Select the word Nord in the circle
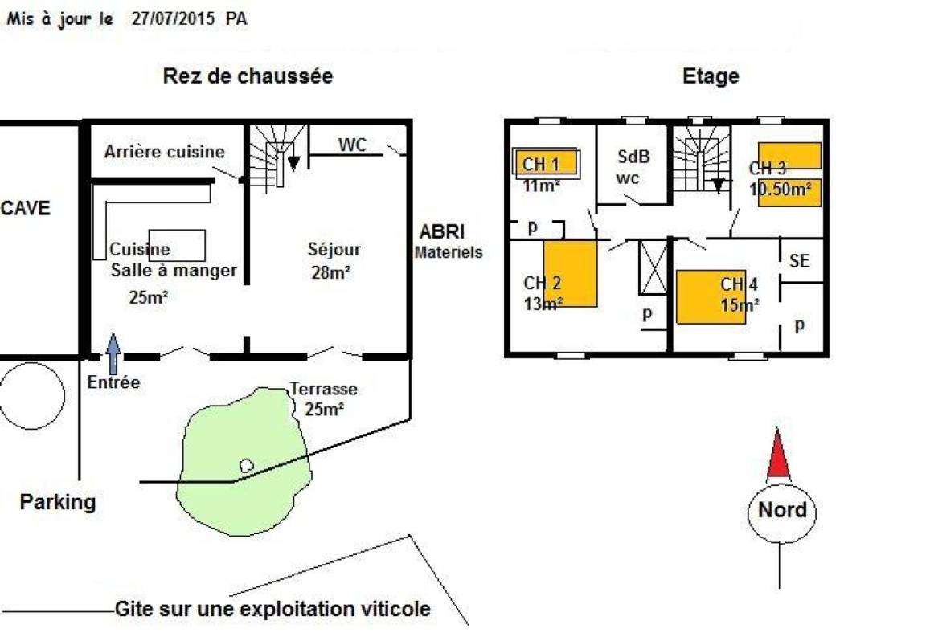pos(782,510)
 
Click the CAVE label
pos(26,208)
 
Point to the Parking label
pos(57,502)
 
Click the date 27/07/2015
pos(174,19)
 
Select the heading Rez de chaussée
pos(248,76)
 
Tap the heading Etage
pos(711,76)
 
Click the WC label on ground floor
pos(352,145)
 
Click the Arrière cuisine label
pos(165,152)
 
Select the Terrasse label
pos(324,390)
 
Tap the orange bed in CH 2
pos(570,273)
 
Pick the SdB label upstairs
pos(633,157)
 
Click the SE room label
pos(799,261)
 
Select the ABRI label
pos(442,232)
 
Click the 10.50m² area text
pos(781,190)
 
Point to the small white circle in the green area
pos(247,464)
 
